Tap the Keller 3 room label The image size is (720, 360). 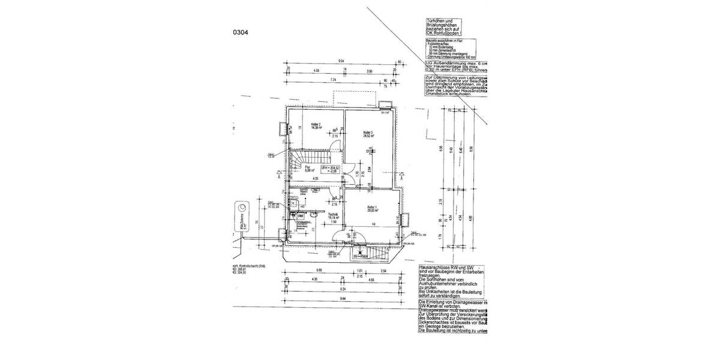[x=368, y=133]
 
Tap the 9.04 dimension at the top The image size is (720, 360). [x=341, y=61]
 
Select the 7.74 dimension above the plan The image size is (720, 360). [x=333, y=79]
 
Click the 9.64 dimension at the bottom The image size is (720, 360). [x=343, y=298]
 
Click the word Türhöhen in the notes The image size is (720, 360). [x=434, y=20]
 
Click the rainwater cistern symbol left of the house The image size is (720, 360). [x=241, y=217]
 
